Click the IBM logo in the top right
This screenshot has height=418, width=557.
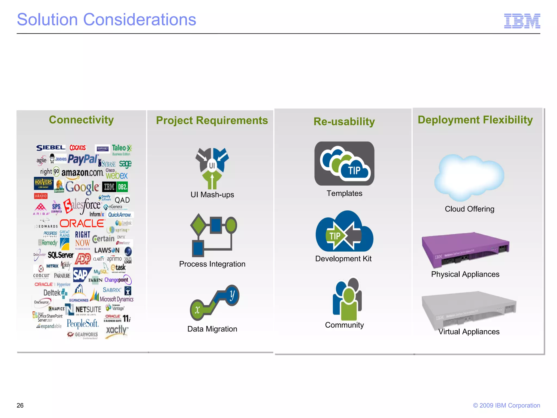(522, 21)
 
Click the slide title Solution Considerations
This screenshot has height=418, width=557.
(106, 20)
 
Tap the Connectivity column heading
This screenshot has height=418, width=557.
(81, 120)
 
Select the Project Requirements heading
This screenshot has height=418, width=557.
(212, 120)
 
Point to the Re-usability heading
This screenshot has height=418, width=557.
(344, 121)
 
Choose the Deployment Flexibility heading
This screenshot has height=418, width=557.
(475, 120)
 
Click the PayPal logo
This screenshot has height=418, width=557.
(83, 159)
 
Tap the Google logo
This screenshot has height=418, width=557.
(82, 187)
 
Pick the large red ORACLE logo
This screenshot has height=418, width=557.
(82, 224)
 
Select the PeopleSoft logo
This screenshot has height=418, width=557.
(82, 324)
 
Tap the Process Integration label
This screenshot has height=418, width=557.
(212, 264)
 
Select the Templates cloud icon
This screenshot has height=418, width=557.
(344, 164)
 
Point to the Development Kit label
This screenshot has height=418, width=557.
(343, 259)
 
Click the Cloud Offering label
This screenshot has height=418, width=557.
(469, 209)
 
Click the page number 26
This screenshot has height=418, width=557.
(20, 405)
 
